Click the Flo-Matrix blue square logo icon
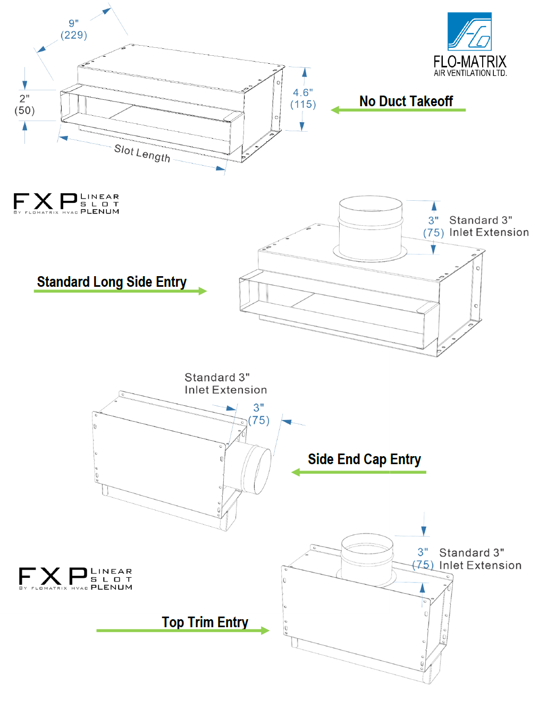coord(469,32)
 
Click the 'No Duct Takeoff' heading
coord(406,101)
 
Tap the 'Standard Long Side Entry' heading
coord(112,281)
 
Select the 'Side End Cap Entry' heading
coord(364,459)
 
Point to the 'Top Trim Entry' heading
coord(205,622)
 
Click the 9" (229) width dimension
coord(74,30)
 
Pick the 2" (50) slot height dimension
coord(24,105)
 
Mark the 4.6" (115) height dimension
coord(303,98)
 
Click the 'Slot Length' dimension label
coord(142,153)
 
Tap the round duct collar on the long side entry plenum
coord(370,228)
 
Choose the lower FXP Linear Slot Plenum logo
coord(75,579)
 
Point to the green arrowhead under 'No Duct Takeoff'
coord(335,110)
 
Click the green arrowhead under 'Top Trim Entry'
coord(265,630)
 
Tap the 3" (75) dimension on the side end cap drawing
coord(259,414)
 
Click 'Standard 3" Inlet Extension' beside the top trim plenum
coord(480,559)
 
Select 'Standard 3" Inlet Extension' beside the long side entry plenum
coord(489,226)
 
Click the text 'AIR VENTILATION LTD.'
coord(470,73)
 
